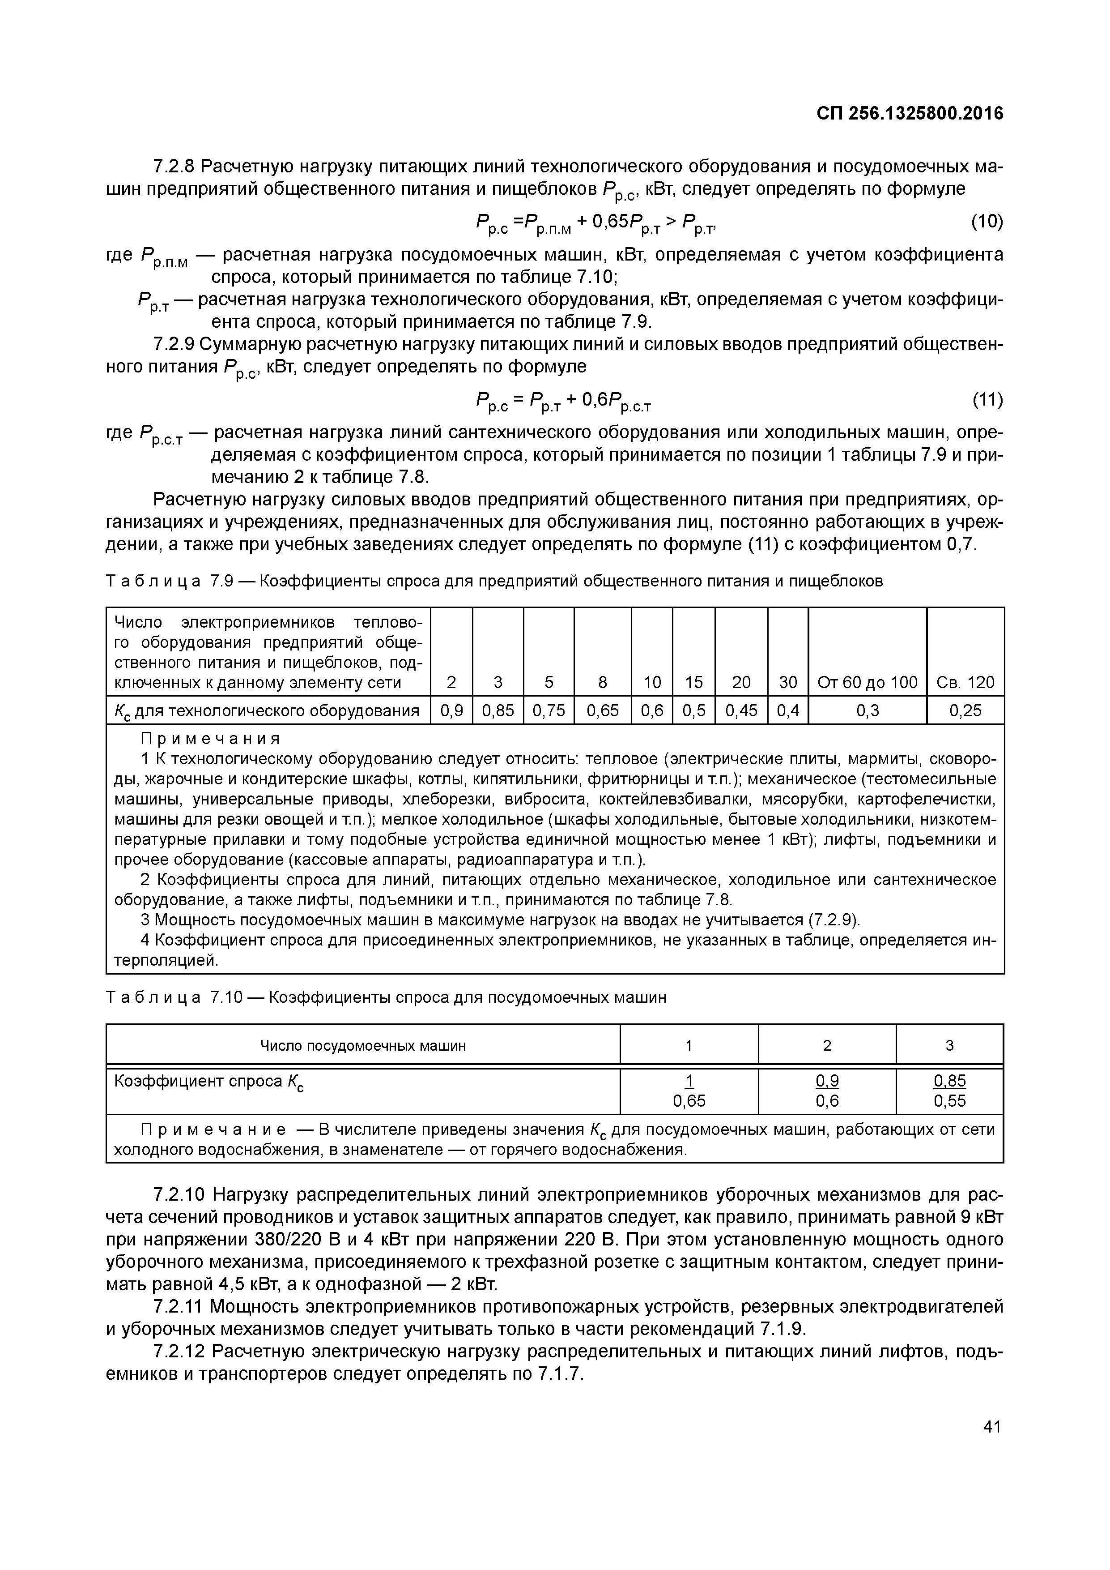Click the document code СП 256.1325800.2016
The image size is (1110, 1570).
tap(910, 114)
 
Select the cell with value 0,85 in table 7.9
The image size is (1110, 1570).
tap(498, 711)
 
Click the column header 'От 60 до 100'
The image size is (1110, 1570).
tap(868, 682)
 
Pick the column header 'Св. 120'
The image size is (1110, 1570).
tap(965, 682)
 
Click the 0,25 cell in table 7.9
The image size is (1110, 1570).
tap(965, 711)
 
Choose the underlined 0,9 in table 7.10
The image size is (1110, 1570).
tap(827, 1081)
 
